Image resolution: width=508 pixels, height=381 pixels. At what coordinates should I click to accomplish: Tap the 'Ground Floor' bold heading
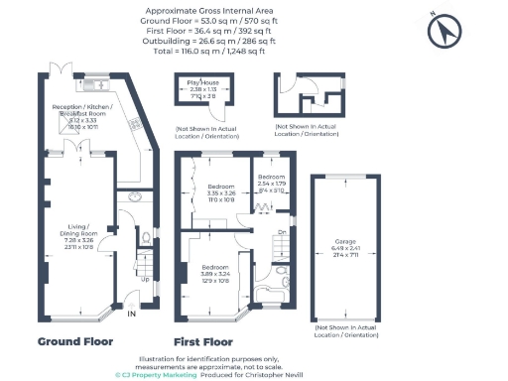point(76,340)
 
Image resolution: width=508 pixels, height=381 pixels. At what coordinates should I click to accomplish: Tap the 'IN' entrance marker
point(131,315)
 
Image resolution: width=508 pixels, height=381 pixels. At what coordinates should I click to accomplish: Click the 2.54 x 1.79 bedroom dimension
point(272,184)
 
